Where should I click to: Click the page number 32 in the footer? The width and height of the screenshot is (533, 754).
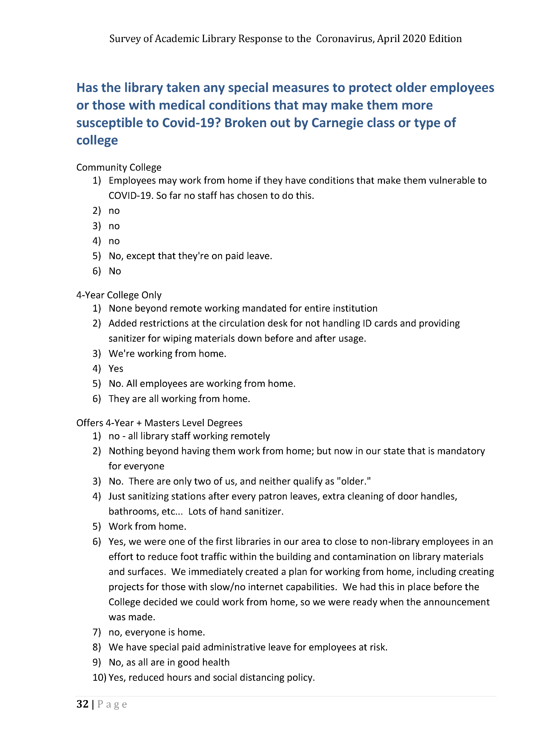pyautogui.click(x=82, y=704)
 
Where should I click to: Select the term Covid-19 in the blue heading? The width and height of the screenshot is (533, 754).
pyautogui.click(x=191, y=123)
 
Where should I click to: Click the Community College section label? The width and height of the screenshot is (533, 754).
pyautogui.click(x=119, y=167)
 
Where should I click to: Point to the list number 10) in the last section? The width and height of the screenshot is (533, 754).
pyautogui.click(x=99, y=677)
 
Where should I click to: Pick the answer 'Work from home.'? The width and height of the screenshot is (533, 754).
pyautogui.click(x=147, y=526)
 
